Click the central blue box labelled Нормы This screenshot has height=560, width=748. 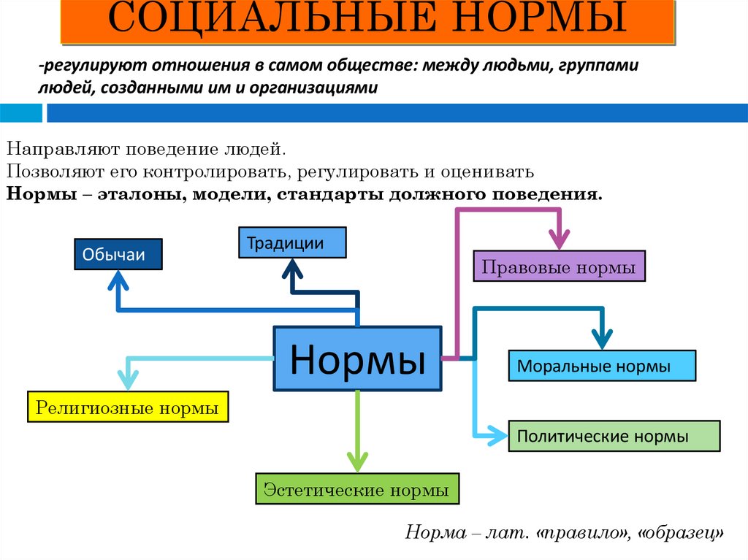pos(357,358)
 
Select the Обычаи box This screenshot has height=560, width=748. pos(118,255)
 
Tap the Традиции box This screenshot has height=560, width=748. pos(292,242)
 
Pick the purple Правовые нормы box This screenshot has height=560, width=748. pos(560,266)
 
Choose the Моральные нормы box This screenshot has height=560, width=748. pos(602,366)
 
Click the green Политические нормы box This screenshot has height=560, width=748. pos(614,437)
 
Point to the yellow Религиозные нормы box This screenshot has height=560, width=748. pos(128,407)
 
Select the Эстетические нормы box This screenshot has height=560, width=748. pos(357,488)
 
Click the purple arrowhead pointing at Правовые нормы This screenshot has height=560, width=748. pos(560,238)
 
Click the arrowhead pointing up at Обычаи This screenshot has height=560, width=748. pos(118,280)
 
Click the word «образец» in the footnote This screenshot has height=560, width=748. pos(681,532)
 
